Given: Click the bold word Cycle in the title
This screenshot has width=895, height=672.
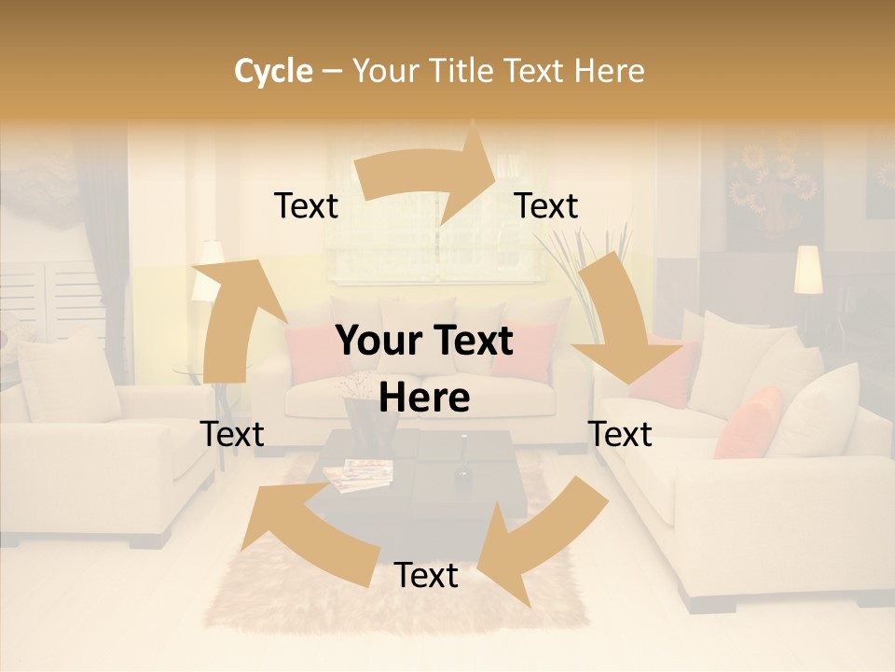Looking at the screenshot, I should click(273, 71).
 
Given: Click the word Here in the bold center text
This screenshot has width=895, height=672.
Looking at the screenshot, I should click(424, 399).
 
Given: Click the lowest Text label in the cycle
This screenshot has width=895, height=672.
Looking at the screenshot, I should click(426, 576).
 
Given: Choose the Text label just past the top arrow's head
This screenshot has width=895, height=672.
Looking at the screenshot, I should click(546, 206).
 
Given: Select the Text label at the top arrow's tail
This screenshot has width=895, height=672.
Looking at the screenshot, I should click(306, 206).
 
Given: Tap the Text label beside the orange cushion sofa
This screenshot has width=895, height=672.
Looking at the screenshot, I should click(621, 435).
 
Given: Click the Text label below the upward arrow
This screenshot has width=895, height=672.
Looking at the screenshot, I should click(232, 435).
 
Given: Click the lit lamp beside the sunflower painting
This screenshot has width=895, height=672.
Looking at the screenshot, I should click(808, 270).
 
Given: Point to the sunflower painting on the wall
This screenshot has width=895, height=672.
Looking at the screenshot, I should click(773, 187).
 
